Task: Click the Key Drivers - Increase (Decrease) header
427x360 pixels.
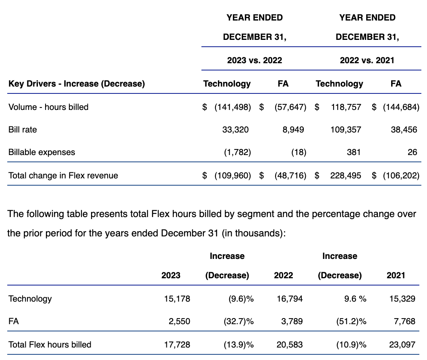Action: [77, 84]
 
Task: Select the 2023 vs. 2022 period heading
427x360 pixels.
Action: [255, 60]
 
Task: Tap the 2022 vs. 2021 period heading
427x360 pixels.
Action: [367, 60]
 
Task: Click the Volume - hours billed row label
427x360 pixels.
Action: [48, 107]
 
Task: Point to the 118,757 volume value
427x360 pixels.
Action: [345, 107]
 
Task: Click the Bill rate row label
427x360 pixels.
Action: [23, 129]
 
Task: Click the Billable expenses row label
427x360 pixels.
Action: [41, 152]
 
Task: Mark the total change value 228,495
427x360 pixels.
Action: [345, 175]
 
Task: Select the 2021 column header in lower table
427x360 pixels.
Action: [396, 275]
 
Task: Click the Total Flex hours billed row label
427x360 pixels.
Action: [50, 344]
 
